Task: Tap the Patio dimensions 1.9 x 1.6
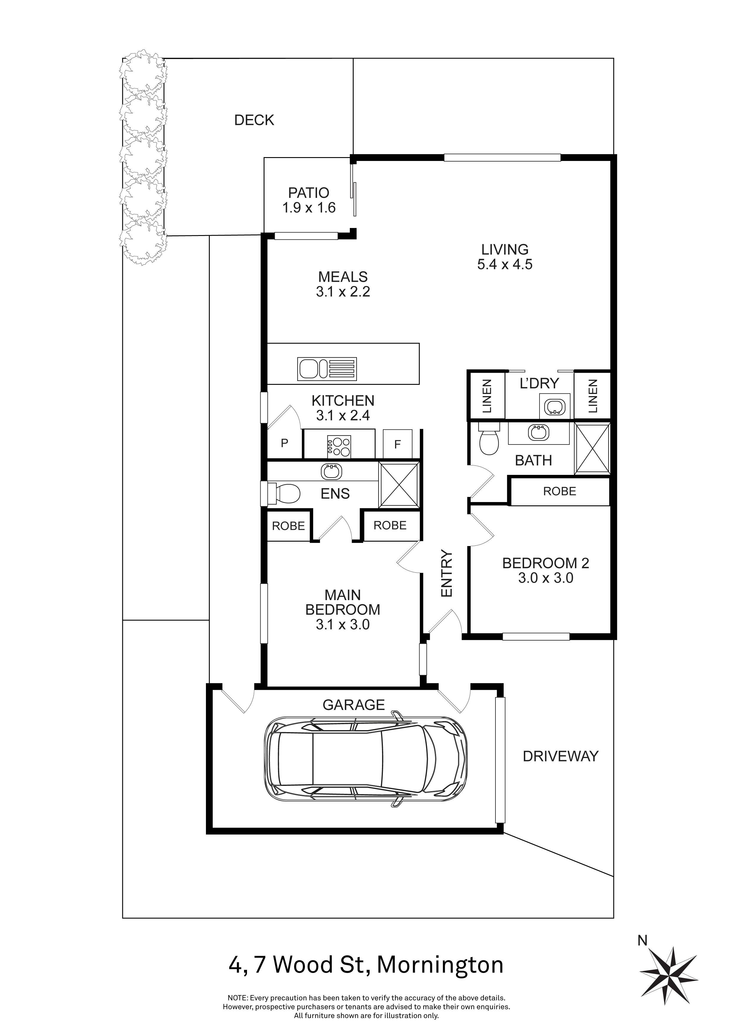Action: point(309,208)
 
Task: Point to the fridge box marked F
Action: point(397,444)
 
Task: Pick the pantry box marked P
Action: point(284,443)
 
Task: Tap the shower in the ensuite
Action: point(399,485)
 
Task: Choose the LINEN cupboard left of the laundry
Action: point(487,396)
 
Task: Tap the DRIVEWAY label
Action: point(560,756)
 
